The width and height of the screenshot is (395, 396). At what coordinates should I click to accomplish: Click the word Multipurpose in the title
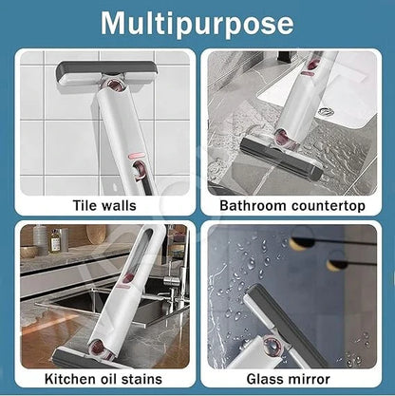[197, 22]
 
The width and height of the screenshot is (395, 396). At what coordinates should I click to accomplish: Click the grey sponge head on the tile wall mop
[106, 71]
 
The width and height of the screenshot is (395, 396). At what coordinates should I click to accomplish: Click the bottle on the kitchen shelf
[56, 240]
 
